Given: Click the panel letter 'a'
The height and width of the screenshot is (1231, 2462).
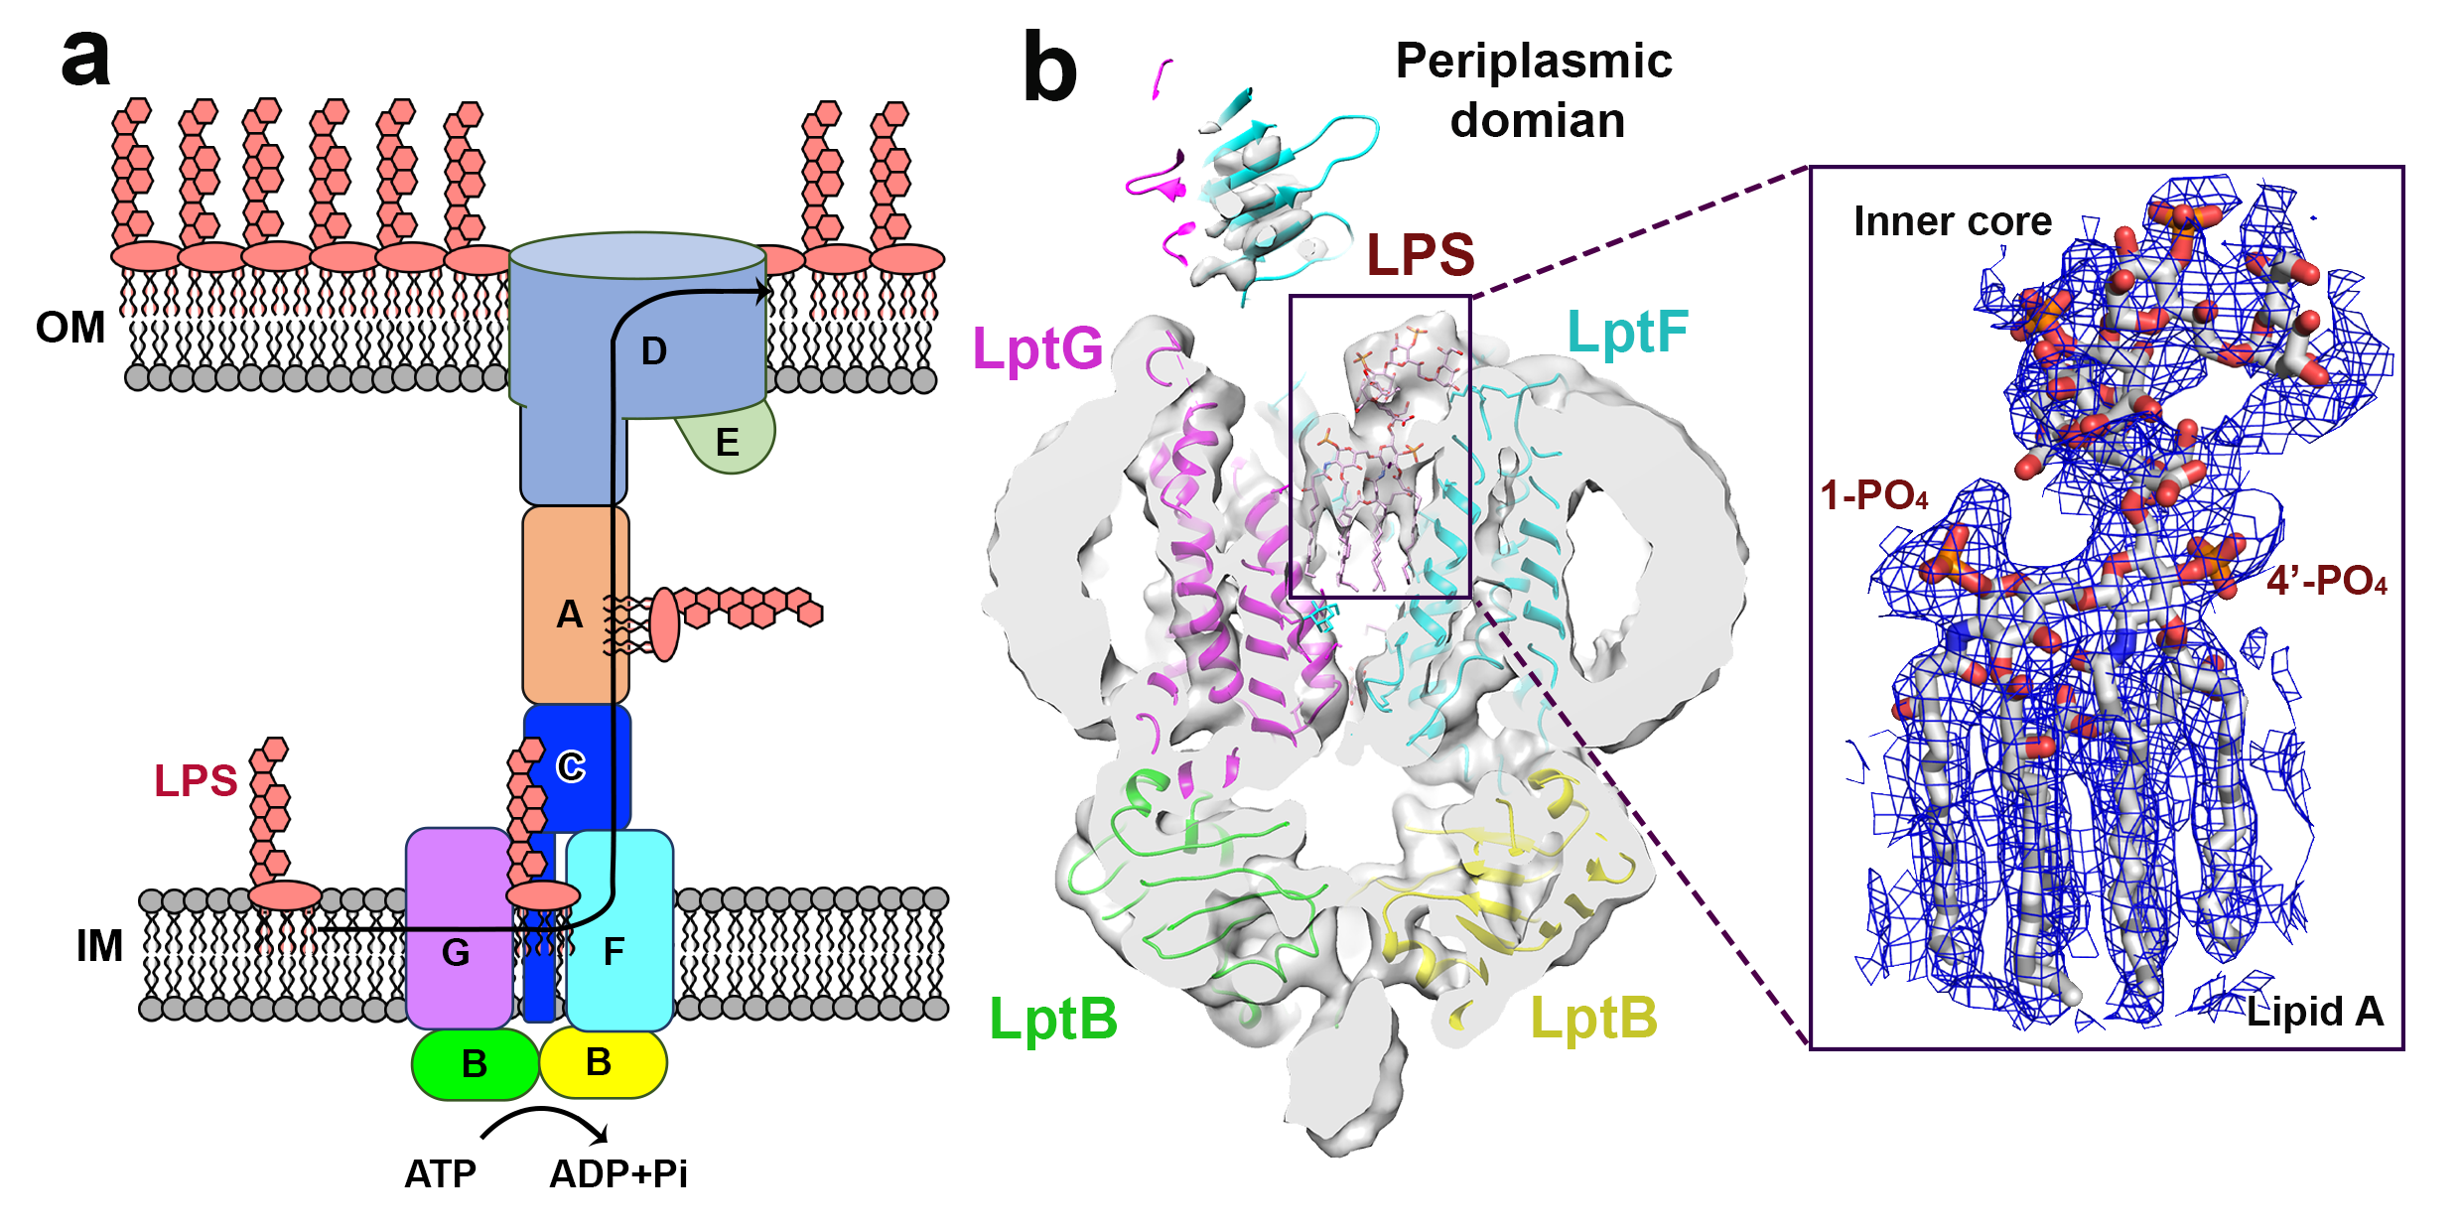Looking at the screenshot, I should point(85,58).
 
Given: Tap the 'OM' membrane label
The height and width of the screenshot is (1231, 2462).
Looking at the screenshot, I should point(69,328).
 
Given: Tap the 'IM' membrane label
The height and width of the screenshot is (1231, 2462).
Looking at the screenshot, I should point(99,946).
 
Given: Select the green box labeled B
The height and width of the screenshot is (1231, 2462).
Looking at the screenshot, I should point(475,1064).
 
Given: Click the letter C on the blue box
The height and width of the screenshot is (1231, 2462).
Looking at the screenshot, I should point(571,766).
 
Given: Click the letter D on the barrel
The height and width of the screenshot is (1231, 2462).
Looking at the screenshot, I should point(653,351).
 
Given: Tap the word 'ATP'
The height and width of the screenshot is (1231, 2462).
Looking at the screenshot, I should point(440,1174).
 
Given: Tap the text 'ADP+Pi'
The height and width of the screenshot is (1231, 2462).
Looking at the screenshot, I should point(617,1174).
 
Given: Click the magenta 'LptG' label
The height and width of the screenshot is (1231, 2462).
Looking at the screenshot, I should point(1037,349).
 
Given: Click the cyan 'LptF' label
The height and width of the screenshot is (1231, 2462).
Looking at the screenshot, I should point(1627,332).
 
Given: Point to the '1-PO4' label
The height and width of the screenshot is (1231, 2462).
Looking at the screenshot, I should point(1874,495).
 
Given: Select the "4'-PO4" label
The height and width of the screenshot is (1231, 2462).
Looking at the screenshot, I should point(2326,581).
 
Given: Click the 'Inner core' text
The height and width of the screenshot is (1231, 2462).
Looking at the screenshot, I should point(1952,221).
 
